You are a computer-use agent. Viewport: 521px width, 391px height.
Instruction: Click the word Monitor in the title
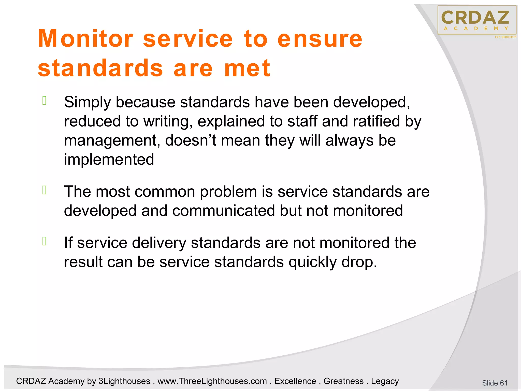(x=85, y=39)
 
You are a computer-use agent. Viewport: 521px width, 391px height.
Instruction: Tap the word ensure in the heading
(x=320, y=39)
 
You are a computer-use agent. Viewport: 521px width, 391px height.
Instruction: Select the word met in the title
(x=247, y=68)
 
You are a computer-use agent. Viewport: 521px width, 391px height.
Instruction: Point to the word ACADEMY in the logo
(x=476, y=29)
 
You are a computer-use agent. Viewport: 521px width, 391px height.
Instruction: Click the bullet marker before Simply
(x=44, y=101)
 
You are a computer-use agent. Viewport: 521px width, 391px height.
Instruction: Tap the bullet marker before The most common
(x=44, y=190)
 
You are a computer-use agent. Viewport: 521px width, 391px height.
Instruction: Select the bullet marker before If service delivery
(x=44, y=241)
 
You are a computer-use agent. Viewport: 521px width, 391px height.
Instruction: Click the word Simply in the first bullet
(x=87, y=102)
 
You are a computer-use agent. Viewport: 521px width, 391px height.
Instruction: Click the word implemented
(x=109, y=160)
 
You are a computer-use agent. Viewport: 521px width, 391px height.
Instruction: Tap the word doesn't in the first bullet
(x=191, y=141)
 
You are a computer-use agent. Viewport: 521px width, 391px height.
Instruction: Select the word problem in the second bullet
(x=228, y=192)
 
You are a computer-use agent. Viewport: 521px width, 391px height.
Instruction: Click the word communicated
(x=224, y=211)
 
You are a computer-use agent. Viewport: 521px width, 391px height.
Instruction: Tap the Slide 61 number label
(x=495, y=383)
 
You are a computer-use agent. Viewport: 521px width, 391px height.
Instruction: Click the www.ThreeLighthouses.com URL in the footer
(x=212, y=381)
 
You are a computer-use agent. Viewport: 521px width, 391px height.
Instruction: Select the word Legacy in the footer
(x=385, y=381)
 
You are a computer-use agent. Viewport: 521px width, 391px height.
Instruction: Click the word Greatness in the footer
(x=343, y=381)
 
